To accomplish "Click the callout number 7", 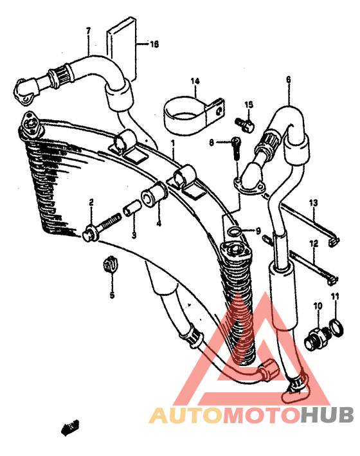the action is click(89, 30).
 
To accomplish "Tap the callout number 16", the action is click(154, 44).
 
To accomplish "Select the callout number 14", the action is click(195, 81).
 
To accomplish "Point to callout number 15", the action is click(249, 105).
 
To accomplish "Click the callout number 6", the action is click(288, 79).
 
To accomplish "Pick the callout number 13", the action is click(313, 203).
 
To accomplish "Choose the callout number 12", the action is click(314, 244).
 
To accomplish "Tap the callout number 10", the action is click(318, 306).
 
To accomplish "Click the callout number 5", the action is click(112, 295).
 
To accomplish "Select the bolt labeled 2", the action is click(101, 228).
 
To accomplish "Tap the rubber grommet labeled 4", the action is click(154, 194).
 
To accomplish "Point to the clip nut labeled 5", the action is click(110, 264).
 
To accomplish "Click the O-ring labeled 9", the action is click(235, 232).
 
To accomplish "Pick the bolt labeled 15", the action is click(245, 124).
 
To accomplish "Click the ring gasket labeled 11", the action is click(336, 327).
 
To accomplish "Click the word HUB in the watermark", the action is click(327, 415).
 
